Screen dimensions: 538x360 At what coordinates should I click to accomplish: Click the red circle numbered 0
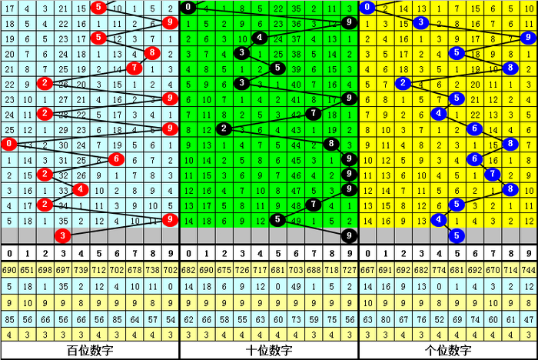tap(8, 144)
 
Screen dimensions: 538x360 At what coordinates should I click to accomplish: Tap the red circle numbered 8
tap(151, 53)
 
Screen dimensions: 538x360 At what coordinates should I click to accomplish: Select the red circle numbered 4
tap(80, 189)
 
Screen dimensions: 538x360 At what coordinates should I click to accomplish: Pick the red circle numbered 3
tap(63, 235)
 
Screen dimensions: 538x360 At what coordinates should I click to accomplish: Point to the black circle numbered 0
tap(188, 8)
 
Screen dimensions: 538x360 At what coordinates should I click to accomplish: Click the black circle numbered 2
tap(224, 128)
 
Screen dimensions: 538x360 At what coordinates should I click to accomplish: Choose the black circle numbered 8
tap(331, 144)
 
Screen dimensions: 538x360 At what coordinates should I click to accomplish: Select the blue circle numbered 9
tap(527, 38)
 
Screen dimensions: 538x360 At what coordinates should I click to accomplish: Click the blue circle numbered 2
tap(403, 83)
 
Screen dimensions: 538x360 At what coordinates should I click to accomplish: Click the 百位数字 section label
tap(89, 351)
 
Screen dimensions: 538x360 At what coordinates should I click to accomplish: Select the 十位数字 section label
tap(268, 351)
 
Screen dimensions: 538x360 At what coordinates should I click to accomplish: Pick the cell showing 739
tap(81, 271)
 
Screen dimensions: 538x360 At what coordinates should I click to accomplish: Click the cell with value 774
tap(439, 271)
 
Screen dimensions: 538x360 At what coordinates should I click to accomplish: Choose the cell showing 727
tap(349, 271)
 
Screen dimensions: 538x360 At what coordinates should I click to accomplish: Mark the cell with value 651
tap(27, 271)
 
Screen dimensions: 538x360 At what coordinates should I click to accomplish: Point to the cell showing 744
tap(528, 271)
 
